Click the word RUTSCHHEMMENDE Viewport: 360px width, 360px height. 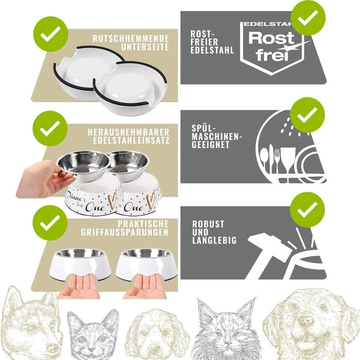(x=131, y=39)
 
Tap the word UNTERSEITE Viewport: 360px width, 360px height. (x=145, y=47)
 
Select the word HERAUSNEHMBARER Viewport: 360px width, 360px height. (x=129, y=132)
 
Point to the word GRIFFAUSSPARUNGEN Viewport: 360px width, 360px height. (x=124, y=232)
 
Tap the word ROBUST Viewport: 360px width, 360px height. (x=208, y=224)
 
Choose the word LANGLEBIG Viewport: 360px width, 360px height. (x=214, y=240)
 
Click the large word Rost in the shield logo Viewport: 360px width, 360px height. (x=271, y=38)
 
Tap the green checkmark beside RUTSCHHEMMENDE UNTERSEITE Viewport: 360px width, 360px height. (x=50, y=34)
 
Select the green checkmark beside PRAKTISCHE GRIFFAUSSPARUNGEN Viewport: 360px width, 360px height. (x=50, y=223)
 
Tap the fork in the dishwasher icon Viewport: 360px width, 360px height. (x=277, y=160)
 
